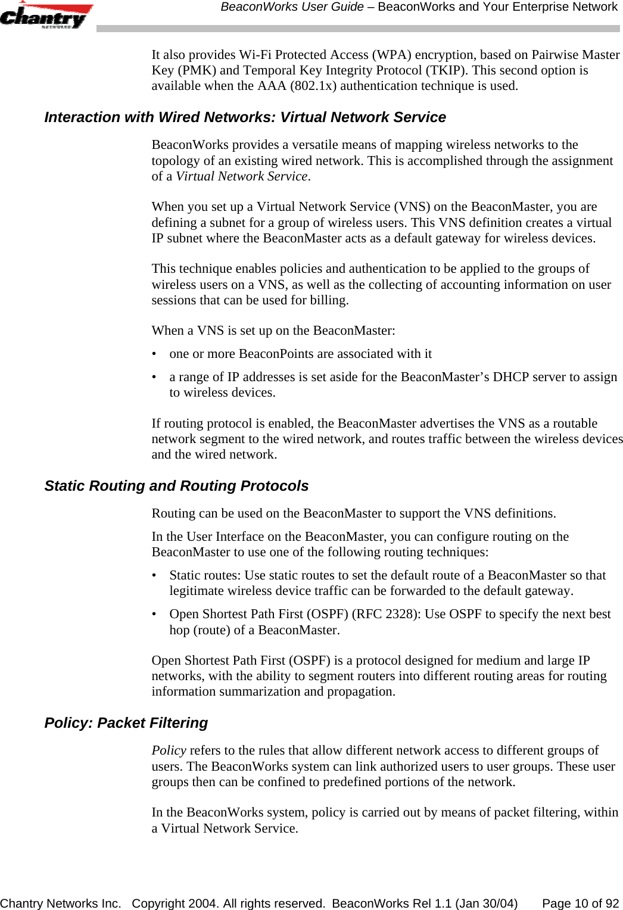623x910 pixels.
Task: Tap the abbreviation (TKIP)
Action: [x=446, y=70]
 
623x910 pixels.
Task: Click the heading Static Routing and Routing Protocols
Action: [x=176, y=486]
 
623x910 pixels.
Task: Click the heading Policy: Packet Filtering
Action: [x=126, y=723]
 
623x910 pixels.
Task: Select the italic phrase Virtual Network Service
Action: [x=242, y=176]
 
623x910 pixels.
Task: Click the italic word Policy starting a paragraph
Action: [x=169, y=750]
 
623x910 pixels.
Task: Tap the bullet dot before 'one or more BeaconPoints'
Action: [x=155, y=354]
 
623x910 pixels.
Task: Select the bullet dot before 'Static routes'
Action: [x=155, y=576]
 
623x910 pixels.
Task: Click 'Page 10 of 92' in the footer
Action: [x=580, y=903]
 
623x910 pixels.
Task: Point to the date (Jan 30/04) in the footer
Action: [x=486, y=903]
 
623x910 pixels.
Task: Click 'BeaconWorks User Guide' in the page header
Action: [x=292, y=7]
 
